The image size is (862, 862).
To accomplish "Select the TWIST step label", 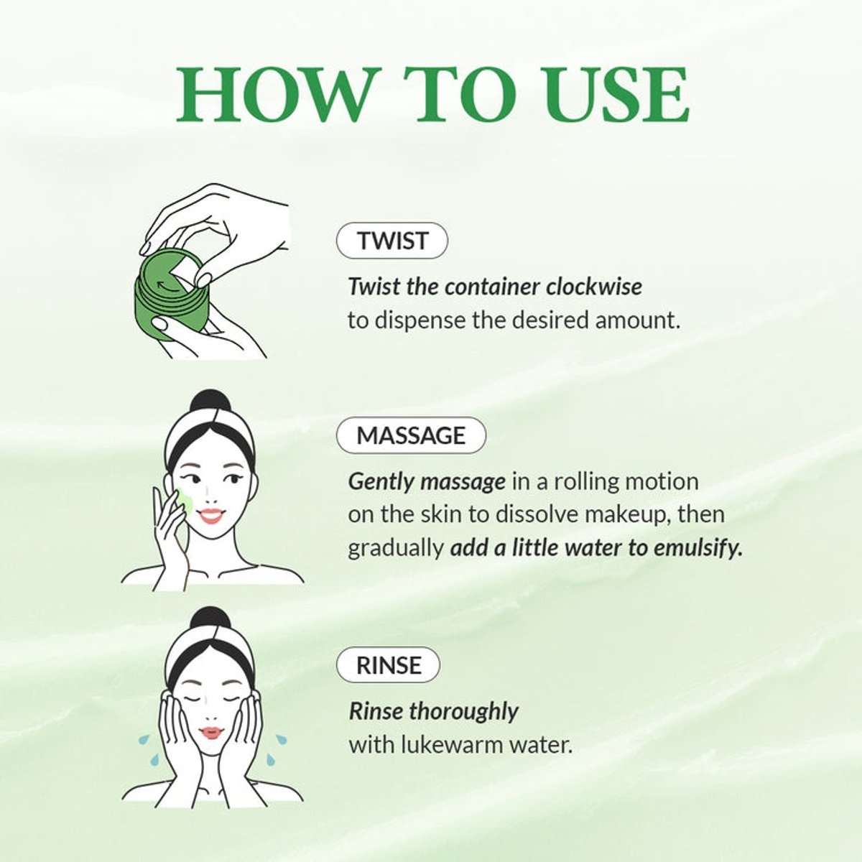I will tap(392, 241).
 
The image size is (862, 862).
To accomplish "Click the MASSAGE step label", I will tap(411, 435).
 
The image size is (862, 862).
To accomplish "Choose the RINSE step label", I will tap(388, 665).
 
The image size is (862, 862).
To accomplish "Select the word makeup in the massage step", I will tap(634, 515).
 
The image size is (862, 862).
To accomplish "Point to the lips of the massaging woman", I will tap(211, 515).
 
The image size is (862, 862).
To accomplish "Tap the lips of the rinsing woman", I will tap(211, 733).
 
